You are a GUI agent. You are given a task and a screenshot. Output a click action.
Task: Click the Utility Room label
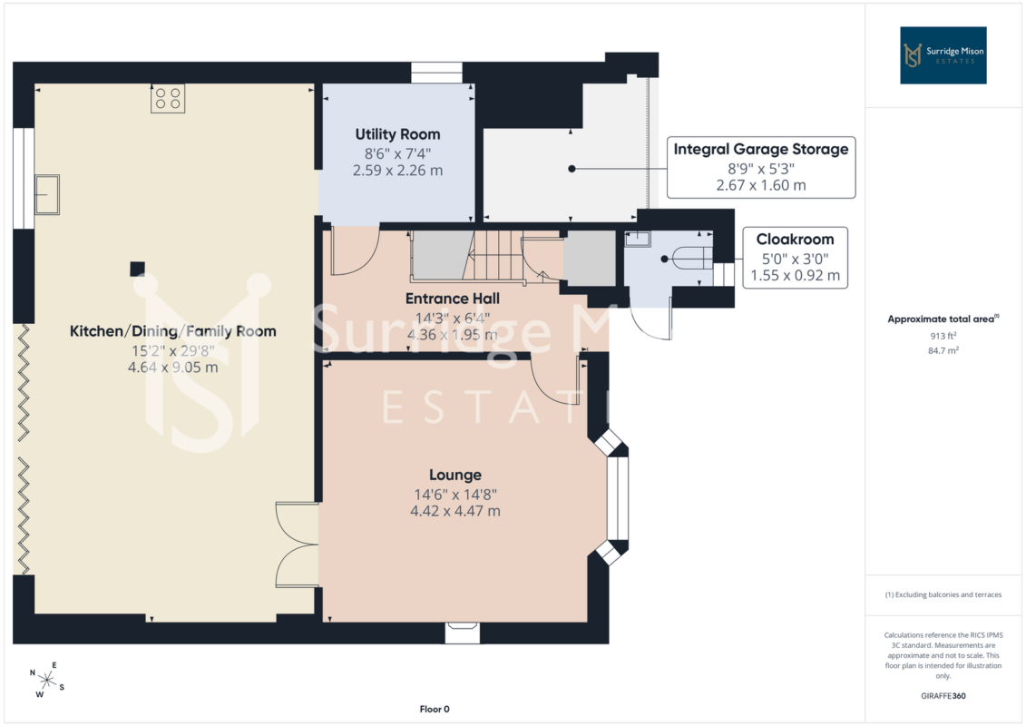pos(397,134)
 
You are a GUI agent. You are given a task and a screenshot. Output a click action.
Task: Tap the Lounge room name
pos(455,475)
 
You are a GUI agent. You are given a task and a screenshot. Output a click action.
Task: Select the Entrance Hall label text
pos(452,299)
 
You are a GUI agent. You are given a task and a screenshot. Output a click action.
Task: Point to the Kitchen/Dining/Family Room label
pos(172,331)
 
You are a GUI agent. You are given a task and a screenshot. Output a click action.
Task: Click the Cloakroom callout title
pos(795,240)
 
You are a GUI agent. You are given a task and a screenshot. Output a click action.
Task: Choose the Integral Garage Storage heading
pos(761,149)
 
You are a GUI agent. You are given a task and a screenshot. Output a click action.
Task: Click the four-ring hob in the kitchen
pos(168,99)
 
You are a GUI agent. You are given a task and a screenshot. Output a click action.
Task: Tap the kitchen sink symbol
pos(47,194)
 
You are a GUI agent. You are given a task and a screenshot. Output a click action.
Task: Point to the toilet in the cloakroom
pos(691,258)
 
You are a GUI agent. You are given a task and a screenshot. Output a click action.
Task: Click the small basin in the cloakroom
pos(638,239)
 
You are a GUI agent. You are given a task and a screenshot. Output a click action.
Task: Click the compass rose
pos(46,681)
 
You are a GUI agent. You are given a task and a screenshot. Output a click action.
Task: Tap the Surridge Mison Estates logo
pos(943,55)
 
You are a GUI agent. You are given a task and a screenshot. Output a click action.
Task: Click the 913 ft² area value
pos(943,336)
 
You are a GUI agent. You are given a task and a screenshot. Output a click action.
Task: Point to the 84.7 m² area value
pos(943,350)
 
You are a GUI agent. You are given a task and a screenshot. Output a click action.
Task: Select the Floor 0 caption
pos(435,709)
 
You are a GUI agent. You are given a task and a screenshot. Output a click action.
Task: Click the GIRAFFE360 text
pos(943,696)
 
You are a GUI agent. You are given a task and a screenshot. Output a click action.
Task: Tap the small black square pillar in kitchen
pos(137,269)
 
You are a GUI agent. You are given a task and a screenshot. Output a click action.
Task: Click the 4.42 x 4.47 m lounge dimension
pos(455,511)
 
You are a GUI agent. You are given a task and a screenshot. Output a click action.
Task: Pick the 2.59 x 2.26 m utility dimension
pos(398,171)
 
